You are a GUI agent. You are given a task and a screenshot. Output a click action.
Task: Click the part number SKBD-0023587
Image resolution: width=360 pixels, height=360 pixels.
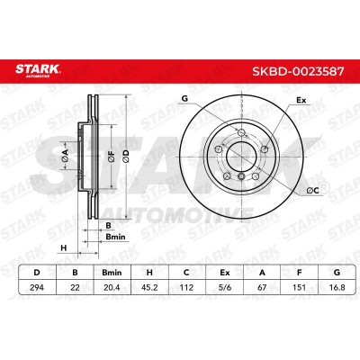pyautogui.click(x=298, y=71)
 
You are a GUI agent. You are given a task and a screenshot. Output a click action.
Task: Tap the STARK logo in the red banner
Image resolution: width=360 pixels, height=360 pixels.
pyautogui.click(x=38, y=70)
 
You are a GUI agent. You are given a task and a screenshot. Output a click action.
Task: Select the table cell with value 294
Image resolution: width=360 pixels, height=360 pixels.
pyautogui.click(x=37, y=287)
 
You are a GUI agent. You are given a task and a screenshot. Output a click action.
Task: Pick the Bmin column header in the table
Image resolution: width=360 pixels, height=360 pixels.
pyautogui.click(x=112, y=273)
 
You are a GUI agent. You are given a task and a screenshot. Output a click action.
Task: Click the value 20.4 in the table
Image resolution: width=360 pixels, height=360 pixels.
pyautogui.click(x=112, y=287)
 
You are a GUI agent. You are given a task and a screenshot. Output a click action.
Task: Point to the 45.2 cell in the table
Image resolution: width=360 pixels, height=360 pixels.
pyautogui.click(x=149, y=287)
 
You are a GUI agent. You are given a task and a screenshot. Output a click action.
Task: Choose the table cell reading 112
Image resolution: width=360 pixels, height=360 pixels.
pyautogui.click(x=186, y=287)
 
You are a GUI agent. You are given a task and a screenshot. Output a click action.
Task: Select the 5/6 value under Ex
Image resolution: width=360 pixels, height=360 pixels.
pyautogui.click(x=224, y=287)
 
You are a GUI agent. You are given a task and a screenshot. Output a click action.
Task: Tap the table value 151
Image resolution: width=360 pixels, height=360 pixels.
pyautogui.click(x=299, y=287)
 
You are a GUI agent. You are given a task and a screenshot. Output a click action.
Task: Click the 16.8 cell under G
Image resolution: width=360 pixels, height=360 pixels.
pyautogui.click(x=337, y=287)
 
